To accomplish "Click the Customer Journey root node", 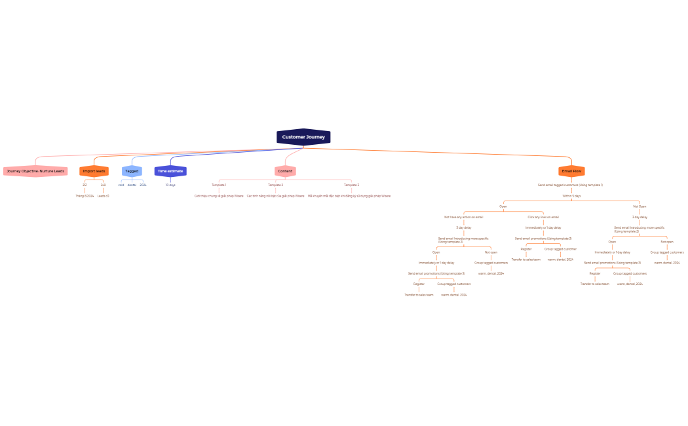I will point(303,137).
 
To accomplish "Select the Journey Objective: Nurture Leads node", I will point(35,171).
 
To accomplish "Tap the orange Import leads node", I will point(94,171).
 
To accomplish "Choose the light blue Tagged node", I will point(132,171).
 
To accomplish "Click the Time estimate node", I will point(170,171).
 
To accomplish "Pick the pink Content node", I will point(285,171).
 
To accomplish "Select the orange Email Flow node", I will point(571,171).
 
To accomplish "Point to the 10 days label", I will point(170,185).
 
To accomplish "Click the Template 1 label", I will point(219,185).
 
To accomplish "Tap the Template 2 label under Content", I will point(275,185).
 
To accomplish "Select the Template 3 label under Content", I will point(351,185).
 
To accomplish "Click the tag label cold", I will point(121,185).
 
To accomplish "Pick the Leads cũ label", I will point(103,195).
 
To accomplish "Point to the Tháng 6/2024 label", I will point(85,195).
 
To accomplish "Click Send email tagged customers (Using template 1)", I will point(570,185).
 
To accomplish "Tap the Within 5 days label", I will point(571,195).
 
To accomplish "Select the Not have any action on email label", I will point(463,216).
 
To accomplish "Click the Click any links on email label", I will point(543,216).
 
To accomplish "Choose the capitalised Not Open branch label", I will point(640,206).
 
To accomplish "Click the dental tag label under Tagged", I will point(132,185).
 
